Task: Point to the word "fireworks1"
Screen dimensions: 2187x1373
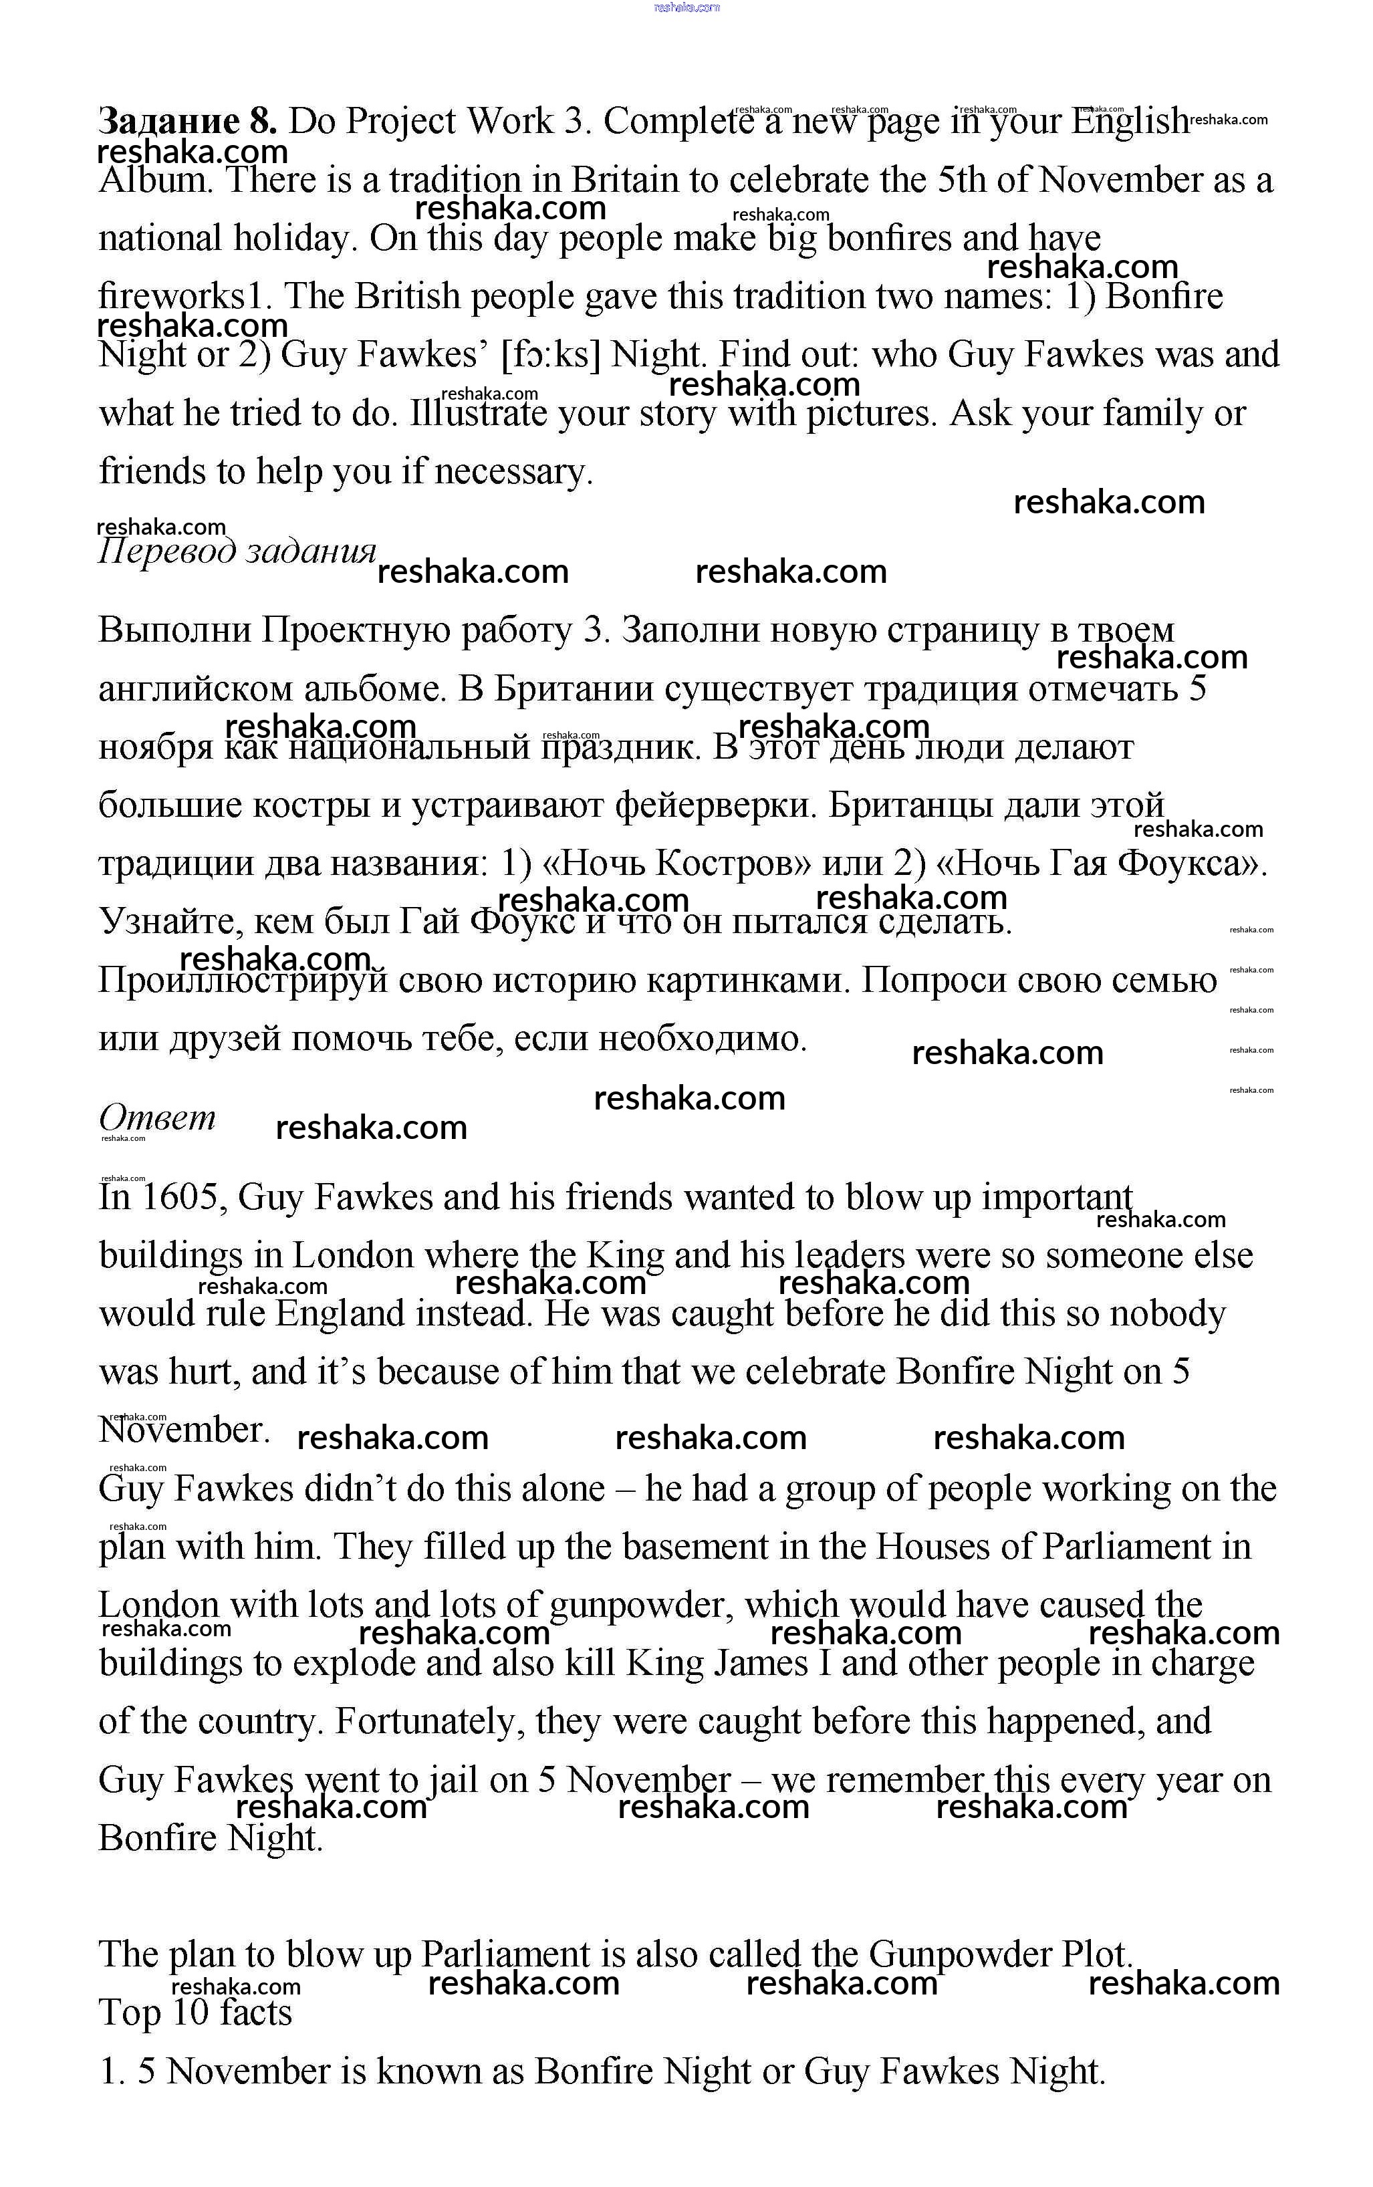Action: pyautogui.click(x=180, y=297)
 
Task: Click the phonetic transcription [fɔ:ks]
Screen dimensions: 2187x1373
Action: pyautogui.click(x=550, y=355)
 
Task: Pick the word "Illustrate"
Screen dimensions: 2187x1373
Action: pyautogui.click(x=478, y=414)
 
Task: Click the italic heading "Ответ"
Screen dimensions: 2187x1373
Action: pyautogui.click(x=157, y=1118)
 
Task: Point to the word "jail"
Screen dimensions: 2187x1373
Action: pyautogui.click(x=453, y=1781)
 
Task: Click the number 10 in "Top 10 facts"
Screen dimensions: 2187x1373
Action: pyautogui.click(x=191, y=2013)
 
